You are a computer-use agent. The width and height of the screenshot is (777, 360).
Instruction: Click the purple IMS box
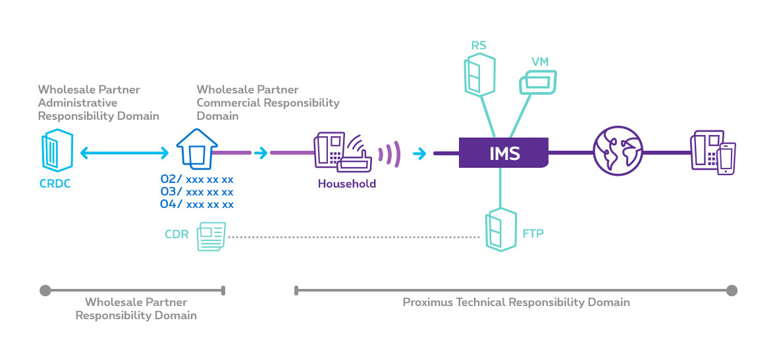[504, 153]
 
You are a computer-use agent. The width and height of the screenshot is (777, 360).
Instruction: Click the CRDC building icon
[53, 152]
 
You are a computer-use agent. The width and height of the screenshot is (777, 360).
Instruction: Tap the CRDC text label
[54, 184]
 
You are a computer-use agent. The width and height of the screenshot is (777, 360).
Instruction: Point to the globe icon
[617, 153]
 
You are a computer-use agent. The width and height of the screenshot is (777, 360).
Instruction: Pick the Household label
[346, 184]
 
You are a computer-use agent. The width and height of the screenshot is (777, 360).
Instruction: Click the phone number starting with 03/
[197, 192]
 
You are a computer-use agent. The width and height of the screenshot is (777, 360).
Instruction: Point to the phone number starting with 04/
[197, 204]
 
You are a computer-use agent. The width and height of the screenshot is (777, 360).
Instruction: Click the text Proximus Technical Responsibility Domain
[516, 302]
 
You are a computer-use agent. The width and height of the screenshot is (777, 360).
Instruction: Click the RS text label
[478, 45]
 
